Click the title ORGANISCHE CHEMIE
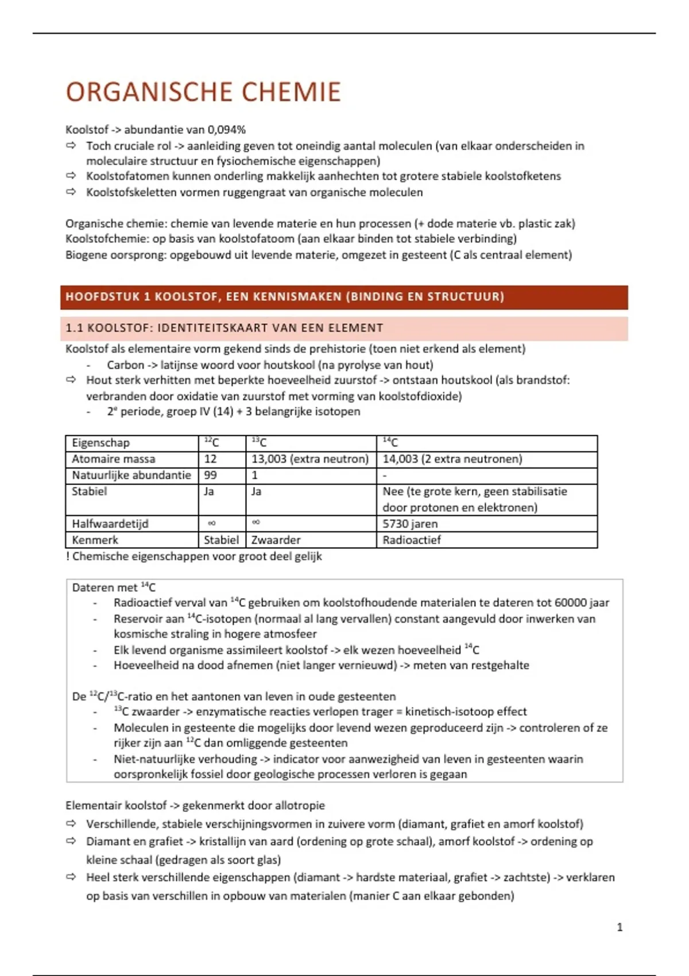point(203,92)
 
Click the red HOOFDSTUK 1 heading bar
point(343,297)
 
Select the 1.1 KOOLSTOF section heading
point(224,328)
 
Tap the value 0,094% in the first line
point(226,130)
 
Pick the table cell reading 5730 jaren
point(410,524)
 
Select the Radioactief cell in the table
point(412,540)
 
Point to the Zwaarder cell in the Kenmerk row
point(276,540)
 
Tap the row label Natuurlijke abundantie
point(131,475)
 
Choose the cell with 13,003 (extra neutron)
point(310,459)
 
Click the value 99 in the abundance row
point(210,475)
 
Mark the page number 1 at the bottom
point(620,927)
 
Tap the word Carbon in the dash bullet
point(125,365)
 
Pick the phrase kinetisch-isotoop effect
point(466,712)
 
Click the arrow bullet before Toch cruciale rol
point(71,146)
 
